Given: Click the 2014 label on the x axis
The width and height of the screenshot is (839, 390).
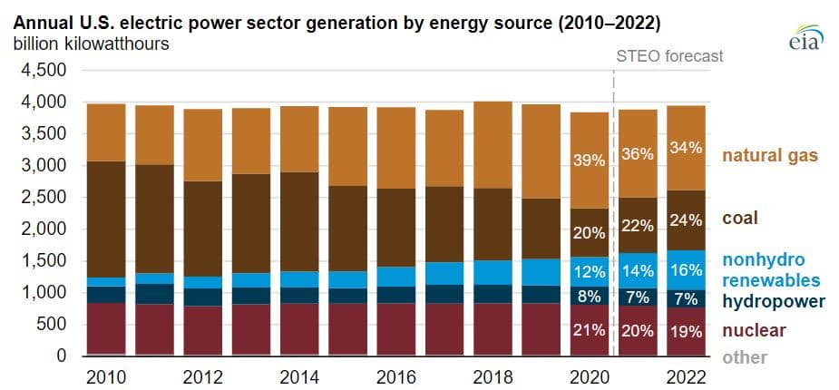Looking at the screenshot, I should pos(299,375).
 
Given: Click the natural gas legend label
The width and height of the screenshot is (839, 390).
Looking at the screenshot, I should pos(770,156).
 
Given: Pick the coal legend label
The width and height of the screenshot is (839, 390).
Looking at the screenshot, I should pos(739,219).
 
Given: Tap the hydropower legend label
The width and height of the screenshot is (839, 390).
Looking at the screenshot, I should pos(774,301).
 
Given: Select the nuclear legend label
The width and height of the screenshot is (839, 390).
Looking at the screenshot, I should pos(754,330).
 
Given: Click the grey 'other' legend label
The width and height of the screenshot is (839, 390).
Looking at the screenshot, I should pos(745,357).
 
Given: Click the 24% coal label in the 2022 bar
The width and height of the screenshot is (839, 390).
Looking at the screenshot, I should pos(684,219).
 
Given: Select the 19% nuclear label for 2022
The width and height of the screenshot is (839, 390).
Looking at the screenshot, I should pos(684,330).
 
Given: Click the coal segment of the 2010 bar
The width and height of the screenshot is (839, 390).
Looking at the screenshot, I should pos(106,219).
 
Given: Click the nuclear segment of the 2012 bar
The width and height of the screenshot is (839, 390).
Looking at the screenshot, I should pos(202,330).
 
